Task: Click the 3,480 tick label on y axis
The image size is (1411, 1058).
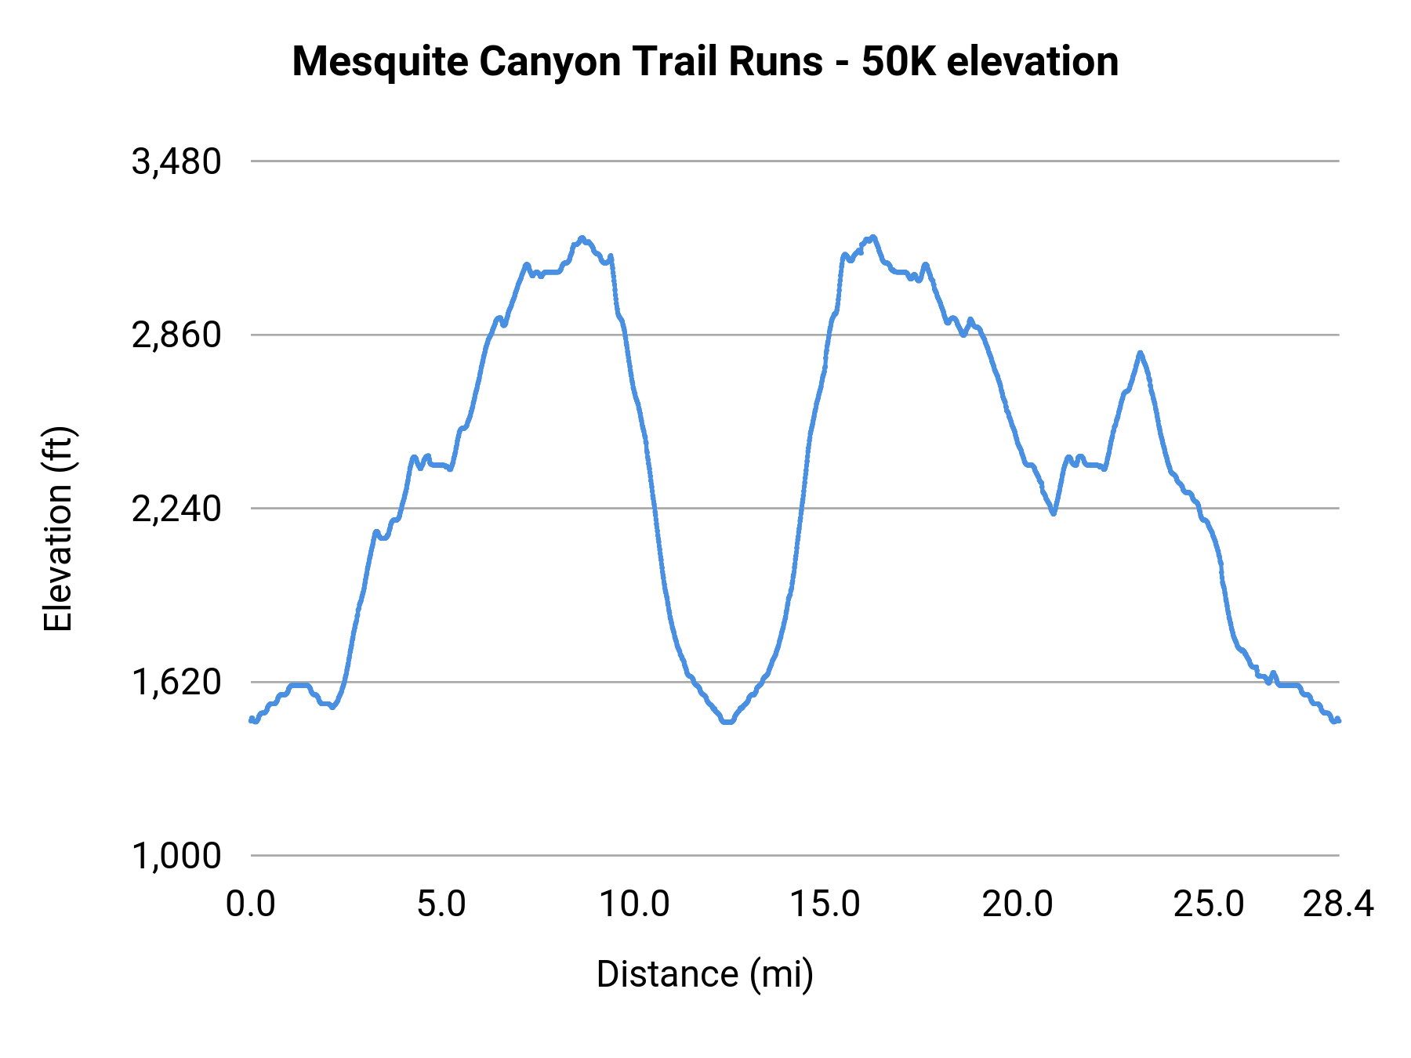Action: click(177, 162)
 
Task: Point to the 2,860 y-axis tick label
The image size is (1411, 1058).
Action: click(177, 335)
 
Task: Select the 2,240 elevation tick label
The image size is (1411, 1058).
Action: click(177, 509)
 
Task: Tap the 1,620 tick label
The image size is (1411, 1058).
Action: click(177, 683)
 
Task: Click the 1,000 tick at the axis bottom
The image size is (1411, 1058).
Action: click(177, 856)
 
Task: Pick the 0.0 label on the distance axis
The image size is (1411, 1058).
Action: click(251, 904)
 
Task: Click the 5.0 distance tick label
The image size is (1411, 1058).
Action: click(441, 904)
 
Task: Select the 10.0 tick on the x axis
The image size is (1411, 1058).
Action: click(634, 904)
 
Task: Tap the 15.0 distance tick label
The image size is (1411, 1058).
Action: click(825, 904)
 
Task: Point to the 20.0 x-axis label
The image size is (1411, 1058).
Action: click(1017, 904)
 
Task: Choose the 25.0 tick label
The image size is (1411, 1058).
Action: click(1209, 904)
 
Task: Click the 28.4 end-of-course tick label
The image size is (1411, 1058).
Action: click(1338, 904)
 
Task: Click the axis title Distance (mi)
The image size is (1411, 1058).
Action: click(705, 974)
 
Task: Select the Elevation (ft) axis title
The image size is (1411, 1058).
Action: click(58, 529)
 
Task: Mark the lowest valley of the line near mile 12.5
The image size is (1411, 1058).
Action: click(728, 722)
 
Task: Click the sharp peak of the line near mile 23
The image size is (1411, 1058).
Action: click(1141, 353)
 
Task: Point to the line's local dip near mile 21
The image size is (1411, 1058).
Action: click(1054, 514)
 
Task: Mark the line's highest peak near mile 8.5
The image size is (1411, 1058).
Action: click(582, 237)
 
